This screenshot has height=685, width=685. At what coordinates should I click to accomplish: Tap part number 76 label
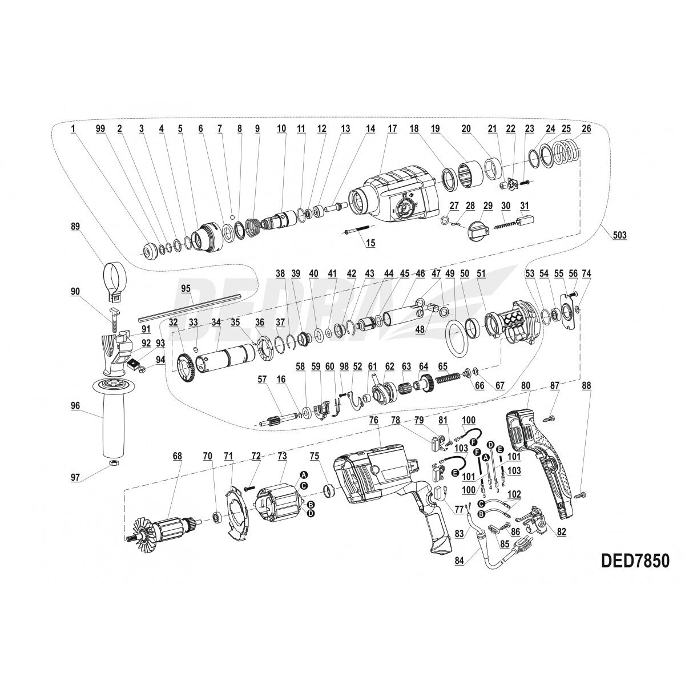[x=374, y=420]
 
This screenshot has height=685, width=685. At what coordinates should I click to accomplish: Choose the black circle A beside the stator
[x=304, y=475]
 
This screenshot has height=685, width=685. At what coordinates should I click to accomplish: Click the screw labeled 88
[x=581, y=493]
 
